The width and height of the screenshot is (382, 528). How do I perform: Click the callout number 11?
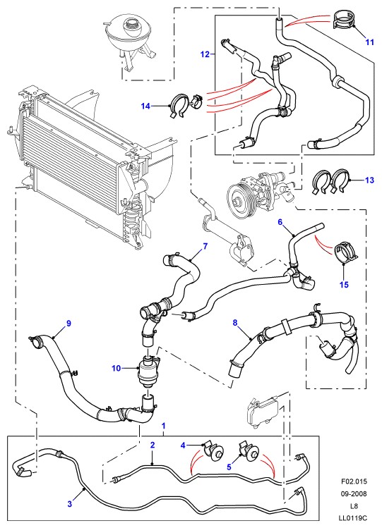click(x=370, y=42)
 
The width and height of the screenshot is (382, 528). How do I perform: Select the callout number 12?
click(x=205, y=54)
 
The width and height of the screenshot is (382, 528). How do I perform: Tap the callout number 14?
click(x=145, y=106)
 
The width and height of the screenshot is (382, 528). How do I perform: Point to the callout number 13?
click(x=369, y=180)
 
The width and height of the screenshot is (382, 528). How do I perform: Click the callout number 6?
click(x=280, y=222)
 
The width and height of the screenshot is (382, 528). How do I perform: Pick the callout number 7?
click(x=205, y=246)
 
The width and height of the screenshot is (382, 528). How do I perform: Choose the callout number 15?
click(x=344, y=285)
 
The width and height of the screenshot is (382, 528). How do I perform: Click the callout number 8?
click(x=235, y=323)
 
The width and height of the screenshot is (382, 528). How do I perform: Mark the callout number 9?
click(x=68, y=324)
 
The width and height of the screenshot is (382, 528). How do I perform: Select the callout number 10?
click(x=116, y=368)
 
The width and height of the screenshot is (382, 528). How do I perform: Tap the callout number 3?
click(x=69, y=504)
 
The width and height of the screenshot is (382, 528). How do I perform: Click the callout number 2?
click(x=153, y=445)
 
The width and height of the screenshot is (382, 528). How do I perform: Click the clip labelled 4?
click(x=214, y=450)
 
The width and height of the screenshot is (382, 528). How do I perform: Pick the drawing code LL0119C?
click(x=353, y=518)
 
